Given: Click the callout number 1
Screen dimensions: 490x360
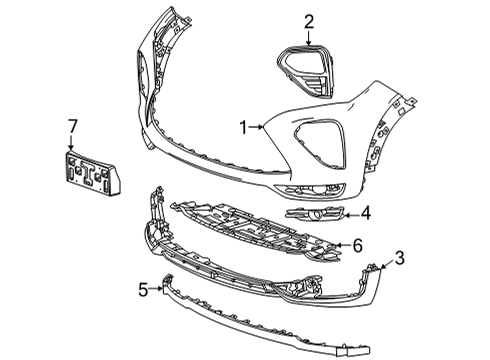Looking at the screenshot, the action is point(242,127).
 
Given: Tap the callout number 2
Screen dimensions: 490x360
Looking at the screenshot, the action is point(309,21).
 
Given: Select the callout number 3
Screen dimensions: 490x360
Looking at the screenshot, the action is point(400,260).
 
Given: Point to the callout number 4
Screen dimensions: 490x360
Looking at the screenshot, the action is point(367,212).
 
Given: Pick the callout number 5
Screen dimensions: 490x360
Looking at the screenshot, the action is point(143,290).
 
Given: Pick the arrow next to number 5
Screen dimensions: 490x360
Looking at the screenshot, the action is point(158,289).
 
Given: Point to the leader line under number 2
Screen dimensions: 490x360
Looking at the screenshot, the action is point(309,37).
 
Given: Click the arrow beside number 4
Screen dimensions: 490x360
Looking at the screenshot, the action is point(350,212).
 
